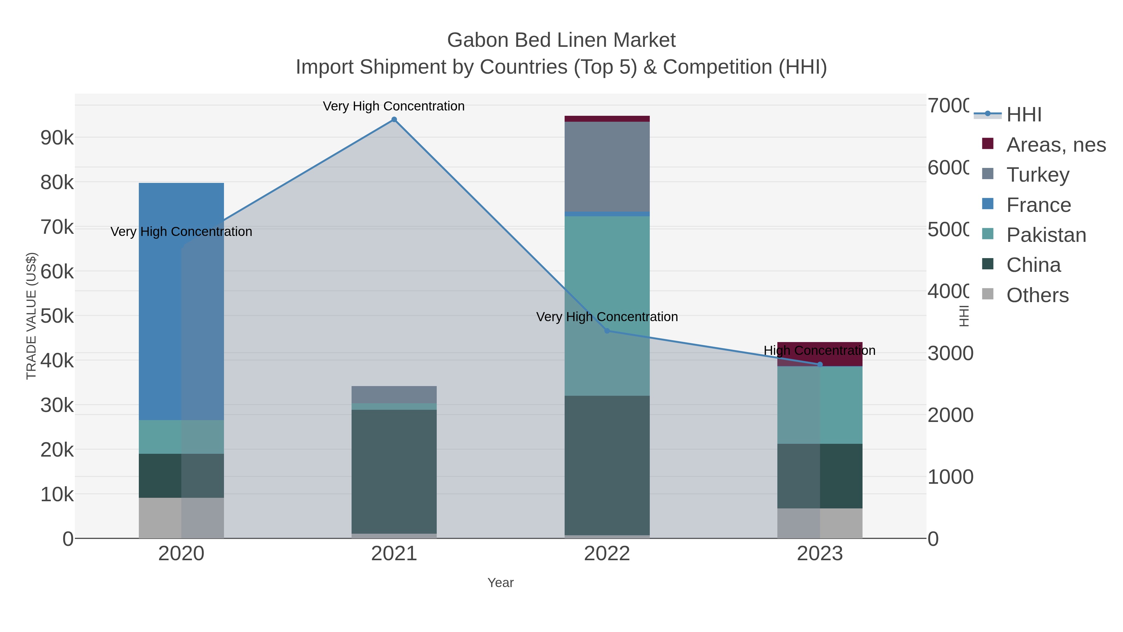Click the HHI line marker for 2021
point(394,120)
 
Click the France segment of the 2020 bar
point(181,301)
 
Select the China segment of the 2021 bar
point(394,471)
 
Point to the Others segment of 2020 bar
point(181,518)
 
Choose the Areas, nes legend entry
point(1055,145)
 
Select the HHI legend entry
point(1023,115)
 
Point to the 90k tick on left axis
point(57,138)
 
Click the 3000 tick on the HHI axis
point(950,353)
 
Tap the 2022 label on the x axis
point(607,554)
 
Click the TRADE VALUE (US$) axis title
point(32,316)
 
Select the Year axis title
point(500,583)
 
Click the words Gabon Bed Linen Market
point(561,40)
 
